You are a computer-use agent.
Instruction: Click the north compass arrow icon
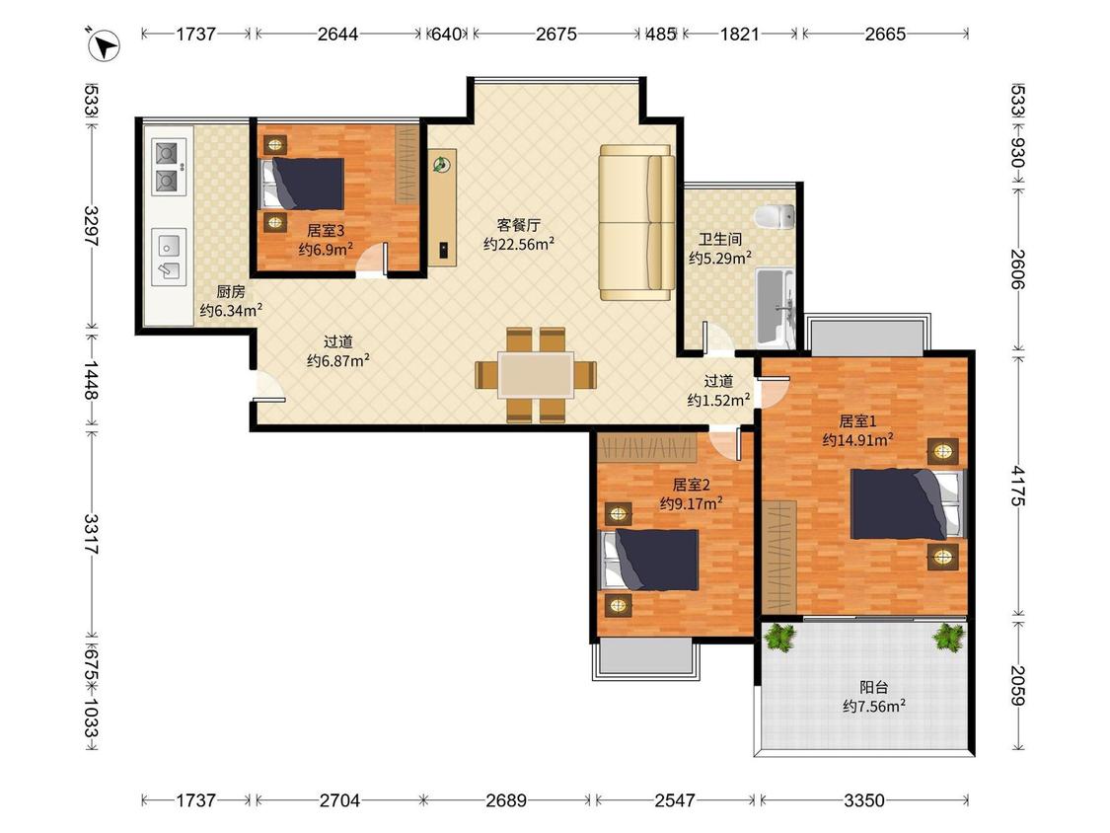[104, 45]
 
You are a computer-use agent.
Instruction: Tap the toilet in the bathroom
[776, 217]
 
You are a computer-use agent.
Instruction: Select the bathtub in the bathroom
[776, 306]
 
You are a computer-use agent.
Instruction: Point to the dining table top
[536, 374]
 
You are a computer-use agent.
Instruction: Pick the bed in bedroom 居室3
[303, 184]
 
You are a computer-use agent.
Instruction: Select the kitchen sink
[169, 257]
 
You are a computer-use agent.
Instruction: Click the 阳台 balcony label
[874, 687]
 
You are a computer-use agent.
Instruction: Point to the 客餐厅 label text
[518, 225]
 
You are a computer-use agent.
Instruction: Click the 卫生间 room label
[720, 240]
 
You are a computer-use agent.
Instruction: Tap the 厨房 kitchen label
[231, 291]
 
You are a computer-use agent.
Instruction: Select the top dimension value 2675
[556, 34]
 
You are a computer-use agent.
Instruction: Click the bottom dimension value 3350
[864, 800]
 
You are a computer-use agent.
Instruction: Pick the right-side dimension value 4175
[1017, 486]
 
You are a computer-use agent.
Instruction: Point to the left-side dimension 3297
[92, 226]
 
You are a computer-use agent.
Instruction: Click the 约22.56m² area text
[519, 245]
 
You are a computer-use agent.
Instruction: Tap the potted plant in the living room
[442, 165]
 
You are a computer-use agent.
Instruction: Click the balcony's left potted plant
[780, 636]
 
